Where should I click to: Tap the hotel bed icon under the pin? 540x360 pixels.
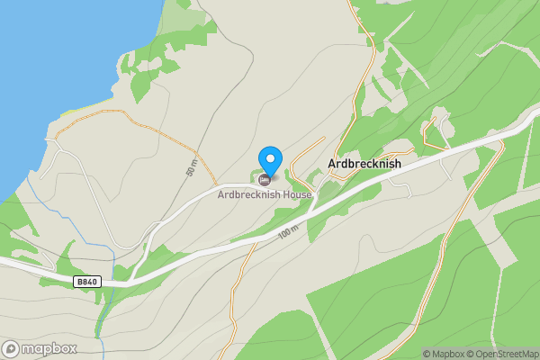pos(264,180)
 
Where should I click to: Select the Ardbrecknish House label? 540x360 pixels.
pos(264,194)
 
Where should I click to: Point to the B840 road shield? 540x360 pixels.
pos(86,282)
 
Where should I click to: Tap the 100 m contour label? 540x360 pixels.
pos(287,230)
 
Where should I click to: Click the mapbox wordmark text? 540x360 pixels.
pos(49,348)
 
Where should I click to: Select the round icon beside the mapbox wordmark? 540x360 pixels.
pos(12,348)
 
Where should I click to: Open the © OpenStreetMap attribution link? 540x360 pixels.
pos(501,354)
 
